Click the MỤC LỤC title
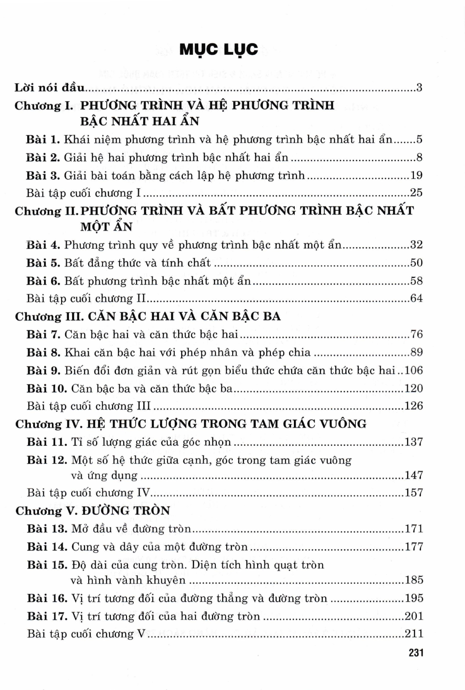(x=218, y=49)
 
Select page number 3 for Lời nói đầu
(x=419, y=87)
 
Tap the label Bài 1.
(x=43, y=139)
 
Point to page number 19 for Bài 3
(x=416, y=175)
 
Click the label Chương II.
(x=46, y=211)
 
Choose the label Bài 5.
(x=43, y=263)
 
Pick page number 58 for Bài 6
(x=416, y=281)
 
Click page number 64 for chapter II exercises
(x=416, y=298)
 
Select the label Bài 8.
(x=43, y=352)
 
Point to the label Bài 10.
(x=47, y=388)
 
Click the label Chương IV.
(x=48, y=424)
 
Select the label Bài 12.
(x=47, y=460)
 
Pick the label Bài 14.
(x=47, y=546)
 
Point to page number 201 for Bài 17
(x=413, y=616)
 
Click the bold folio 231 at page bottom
(x=415, y=652)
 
